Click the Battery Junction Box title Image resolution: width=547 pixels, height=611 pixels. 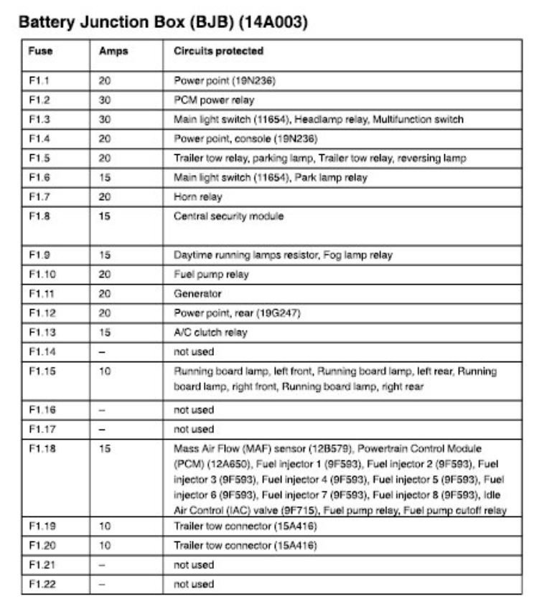pos(163,22)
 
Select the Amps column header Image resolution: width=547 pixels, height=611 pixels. pos(113,52)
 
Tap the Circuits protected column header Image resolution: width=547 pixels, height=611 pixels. pos(218,52)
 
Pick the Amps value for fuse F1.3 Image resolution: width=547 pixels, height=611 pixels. pos(105,120)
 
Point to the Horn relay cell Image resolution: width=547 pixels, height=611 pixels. pos(198,197)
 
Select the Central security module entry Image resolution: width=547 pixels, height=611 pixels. pos(228,217)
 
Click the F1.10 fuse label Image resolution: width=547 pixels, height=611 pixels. pos(42,275)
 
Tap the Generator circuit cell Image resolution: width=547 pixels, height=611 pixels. pos(197,294)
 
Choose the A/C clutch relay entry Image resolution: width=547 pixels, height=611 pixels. pos(210,333)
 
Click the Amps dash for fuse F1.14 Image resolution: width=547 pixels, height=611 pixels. pos(102,352)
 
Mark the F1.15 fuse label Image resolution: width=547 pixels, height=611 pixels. pos(42,371)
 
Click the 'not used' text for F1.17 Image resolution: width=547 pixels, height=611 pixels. pos(194,430)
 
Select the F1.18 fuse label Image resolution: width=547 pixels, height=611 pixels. pos(42,449)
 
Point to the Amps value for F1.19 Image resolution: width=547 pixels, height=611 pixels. pos(105,526)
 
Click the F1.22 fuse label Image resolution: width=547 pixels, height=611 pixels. pos(42,584)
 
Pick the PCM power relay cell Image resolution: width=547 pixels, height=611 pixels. pos(214,100)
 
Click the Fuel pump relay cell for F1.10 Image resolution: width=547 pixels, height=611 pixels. pos(211,275)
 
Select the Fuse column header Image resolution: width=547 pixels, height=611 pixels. pos(40,52)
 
